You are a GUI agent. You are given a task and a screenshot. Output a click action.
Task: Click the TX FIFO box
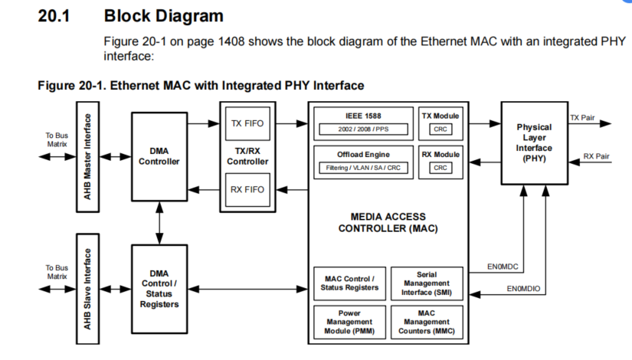(247, 123)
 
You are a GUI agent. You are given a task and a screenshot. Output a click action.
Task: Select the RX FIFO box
(247, 190)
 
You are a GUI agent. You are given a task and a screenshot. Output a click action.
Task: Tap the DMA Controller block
(159, 156)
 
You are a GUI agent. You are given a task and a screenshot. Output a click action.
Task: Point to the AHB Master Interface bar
(89, 156)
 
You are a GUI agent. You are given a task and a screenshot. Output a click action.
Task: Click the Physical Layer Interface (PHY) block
(534, 142)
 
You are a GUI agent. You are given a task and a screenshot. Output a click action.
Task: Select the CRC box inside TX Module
(440, 129)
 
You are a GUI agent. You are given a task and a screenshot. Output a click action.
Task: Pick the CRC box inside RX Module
(440, 168)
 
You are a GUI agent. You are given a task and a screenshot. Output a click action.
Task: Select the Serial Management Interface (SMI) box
(427, 283)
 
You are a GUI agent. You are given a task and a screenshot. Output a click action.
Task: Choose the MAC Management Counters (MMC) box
(427, 322)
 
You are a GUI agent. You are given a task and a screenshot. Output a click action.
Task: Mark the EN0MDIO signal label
(524, 289)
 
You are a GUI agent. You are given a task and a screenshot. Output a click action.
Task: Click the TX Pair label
(582, 117)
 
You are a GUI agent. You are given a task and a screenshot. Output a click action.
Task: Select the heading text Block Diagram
(163, 15)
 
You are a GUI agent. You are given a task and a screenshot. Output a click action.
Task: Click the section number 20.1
(54, 15)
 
